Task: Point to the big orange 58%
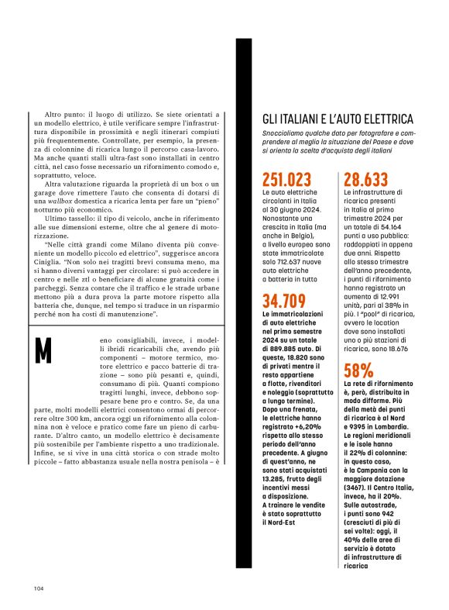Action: coord(358,370)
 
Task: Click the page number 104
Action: coord(38,587)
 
